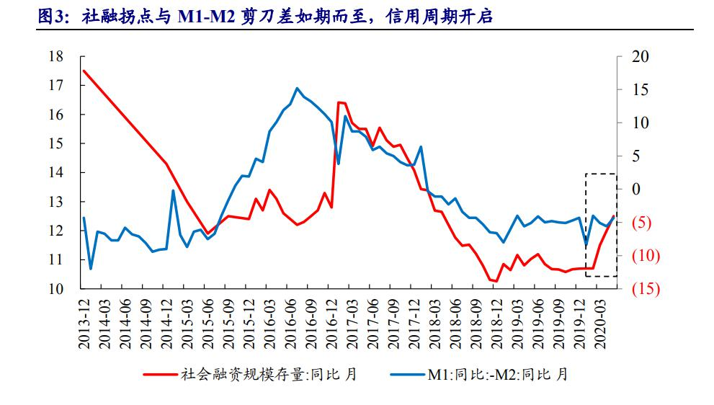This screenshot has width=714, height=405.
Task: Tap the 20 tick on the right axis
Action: tap(638, 57)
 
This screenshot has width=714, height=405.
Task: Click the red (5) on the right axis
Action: tap(641, 223)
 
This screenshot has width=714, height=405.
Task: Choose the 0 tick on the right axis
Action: tap(635, 190)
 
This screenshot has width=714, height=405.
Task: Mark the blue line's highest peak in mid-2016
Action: tap(298, 88)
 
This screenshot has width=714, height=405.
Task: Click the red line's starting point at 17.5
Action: tap(84, 71)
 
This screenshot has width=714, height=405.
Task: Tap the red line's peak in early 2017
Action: tap(339, 102)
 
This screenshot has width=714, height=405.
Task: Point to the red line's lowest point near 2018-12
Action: tap(496, 281)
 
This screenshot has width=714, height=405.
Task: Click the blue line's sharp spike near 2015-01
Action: tap(173, 190)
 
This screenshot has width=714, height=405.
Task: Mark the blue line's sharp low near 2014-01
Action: tap(91, 269)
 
